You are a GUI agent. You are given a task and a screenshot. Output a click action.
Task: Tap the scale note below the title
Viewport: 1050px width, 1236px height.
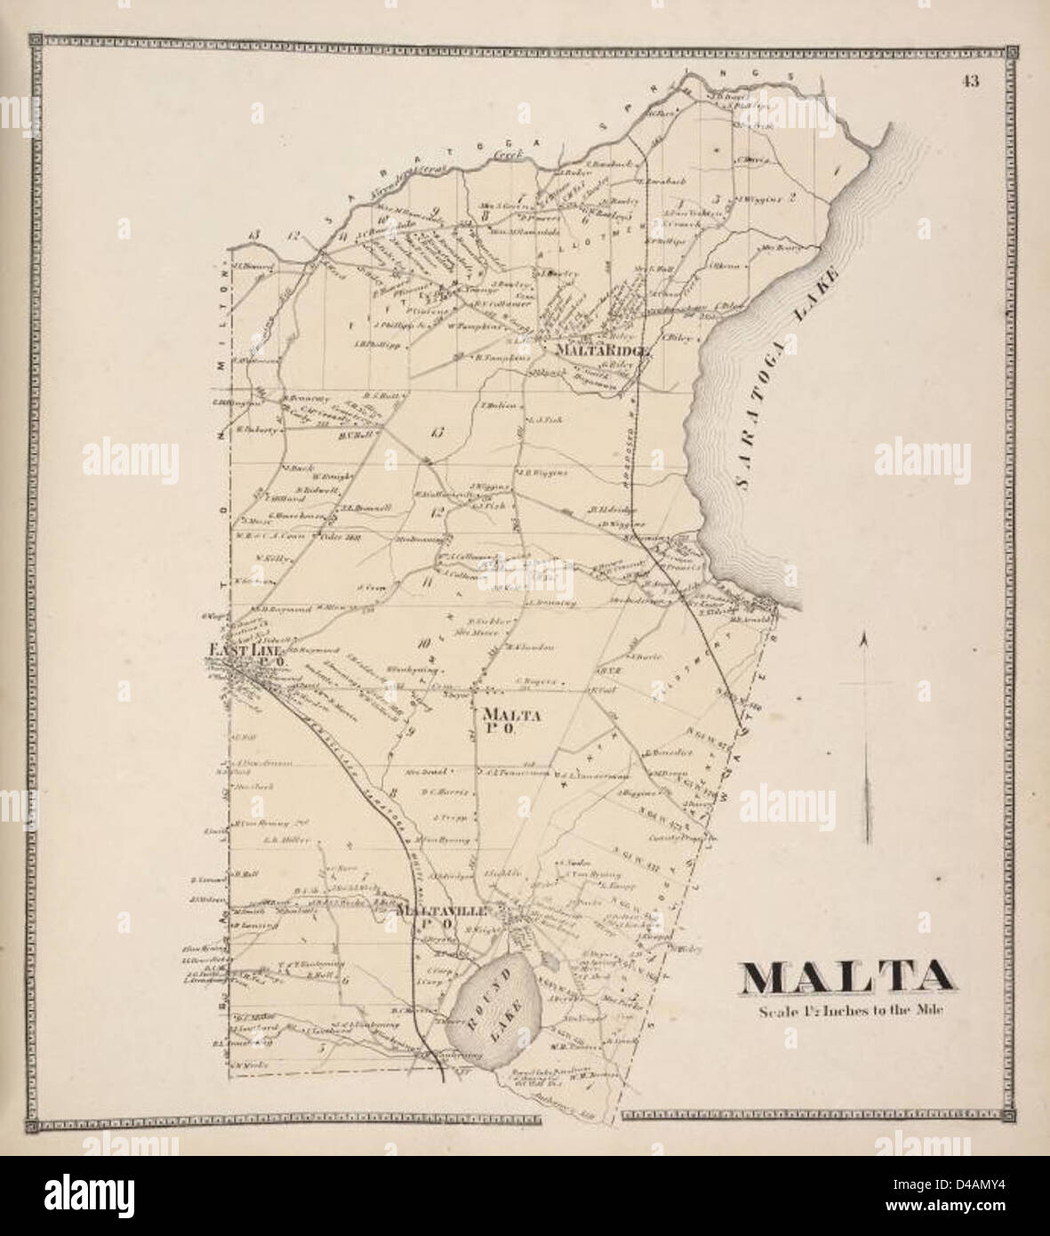[x=848, y=1010]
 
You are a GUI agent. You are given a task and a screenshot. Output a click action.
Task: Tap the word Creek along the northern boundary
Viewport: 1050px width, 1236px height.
[x=507, y=155]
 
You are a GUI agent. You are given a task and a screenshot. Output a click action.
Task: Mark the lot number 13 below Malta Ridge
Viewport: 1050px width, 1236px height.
[x=435, y=433]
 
